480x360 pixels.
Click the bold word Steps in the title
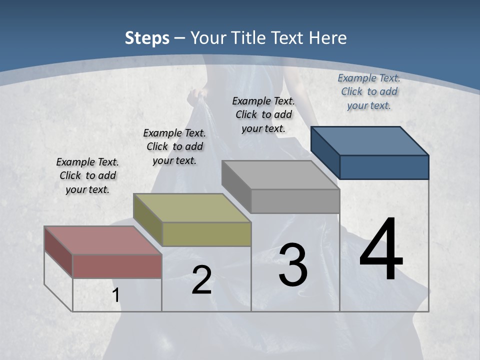[147, 38]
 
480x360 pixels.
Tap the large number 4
[381, 250]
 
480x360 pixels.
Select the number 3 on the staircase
[293, 265]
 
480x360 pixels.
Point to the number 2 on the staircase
[201, 280]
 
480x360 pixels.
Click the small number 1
[115, 295]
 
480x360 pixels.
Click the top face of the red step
[102, 240]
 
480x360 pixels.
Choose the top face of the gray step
[280, 174]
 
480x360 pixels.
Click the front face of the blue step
[384, 167]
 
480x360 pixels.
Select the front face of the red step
[117, 266]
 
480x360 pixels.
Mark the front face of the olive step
[206, 234]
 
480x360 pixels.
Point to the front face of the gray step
[295, 201]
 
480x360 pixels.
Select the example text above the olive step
[174, 147]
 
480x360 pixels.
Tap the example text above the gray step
[263, 114]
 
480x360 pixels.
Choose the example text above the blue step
[369, 91]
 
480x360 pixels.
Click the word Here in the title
[328, 38]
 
